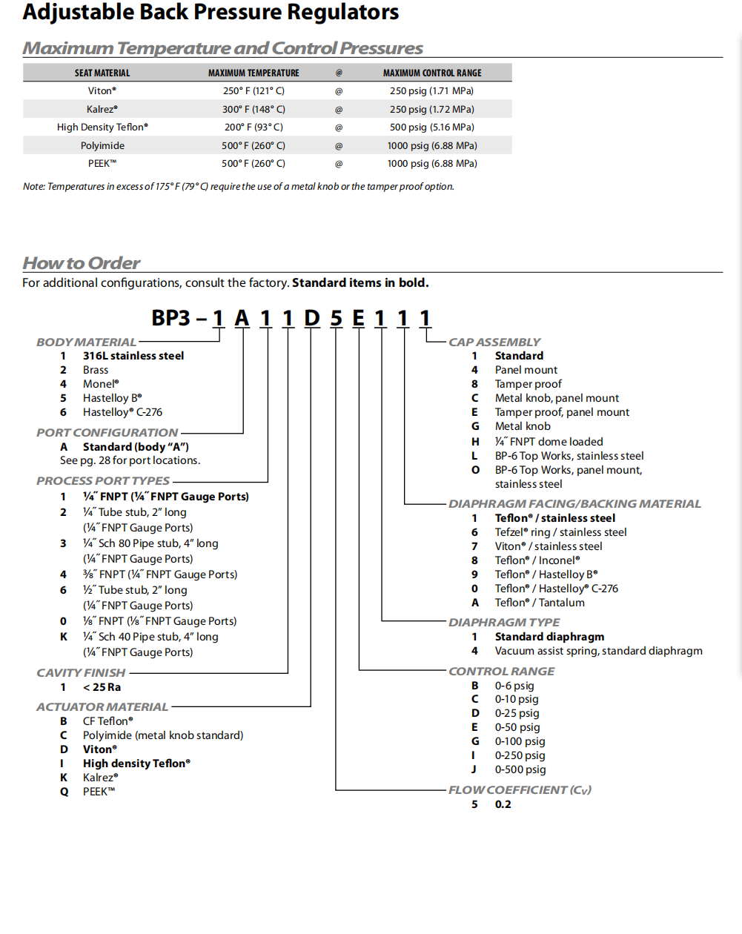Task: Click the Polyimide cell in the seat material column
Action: pyautogui.click(x=102, y=146)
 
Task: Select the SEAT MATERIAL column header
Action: pyautogui.click(x=102, y=73)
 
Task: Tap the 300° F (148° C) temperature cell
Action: pyautogui.click(x=254, y=110)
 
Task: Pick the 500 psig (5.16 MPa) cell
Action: pyautogui.click(x=432, y=127)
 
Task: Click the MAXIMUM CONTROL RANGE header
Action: pyautogui.click(x=432, y=73)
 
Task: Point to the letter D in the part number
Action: pyautogui.click(x=312, y=318)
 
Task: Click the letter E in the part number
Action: pyautogui.click(x=358, y=318)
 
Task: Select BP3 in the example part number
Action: pyautogui.click(x=171, y=318)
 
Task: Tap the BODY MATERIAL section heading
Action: pyautogui.click(x=86, y=342)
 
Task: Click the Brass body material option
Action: pyautogui.click(x=96, y=370)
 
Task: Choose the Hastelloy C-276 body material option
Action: pyautogui.click(x=122, y=412)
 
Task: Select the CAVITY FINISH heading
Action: pyautogui.click(x=81, y=673)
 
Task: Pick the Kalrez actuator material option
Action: pyautogui.click(x=100, y=778)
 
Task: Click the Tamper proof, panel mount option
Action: pyautogui.click(x=562, y=412)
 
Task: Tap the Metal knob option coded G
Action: pyautogui.click(x=523, y=426)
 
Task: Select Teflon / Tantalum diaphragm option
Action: pyautogui.click(x=540, y=603)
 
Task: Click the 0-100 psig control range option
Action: pyautogui.click(x=520, y=741)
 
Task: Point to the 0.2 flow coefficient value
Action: pyautogui.click(x=503, y=804)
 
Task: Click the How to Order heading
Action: pyautogui.click(x=82, y=263)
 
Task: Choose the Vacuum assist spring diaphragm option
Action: pyautogui.click(x=598, y=651)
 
